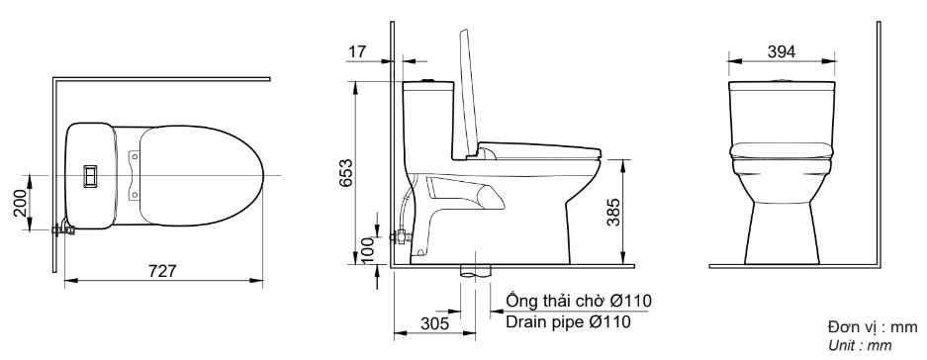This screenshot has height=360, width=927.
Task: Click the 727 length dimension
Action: [162, 271]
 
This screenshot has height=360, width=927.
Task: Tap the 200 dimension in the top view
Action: [20, 203]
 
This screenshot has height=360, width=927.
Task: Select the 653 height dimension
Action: [346, 173]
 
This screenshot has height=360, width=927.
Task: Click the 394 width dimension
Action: [782, 51]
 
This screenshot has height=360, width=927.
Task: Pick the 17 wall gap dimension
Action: [357, 51]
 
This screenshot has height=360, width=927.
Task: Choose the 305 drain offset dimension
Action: [435, 323]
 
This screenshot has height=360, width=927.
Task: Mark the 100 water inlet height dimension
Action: [368, 250]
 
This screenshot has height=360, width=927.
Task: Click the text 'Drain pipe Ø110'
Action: [568, 321]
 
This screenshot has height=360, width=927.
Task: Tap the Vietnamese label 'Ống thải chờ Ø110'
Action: [579, 301]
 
